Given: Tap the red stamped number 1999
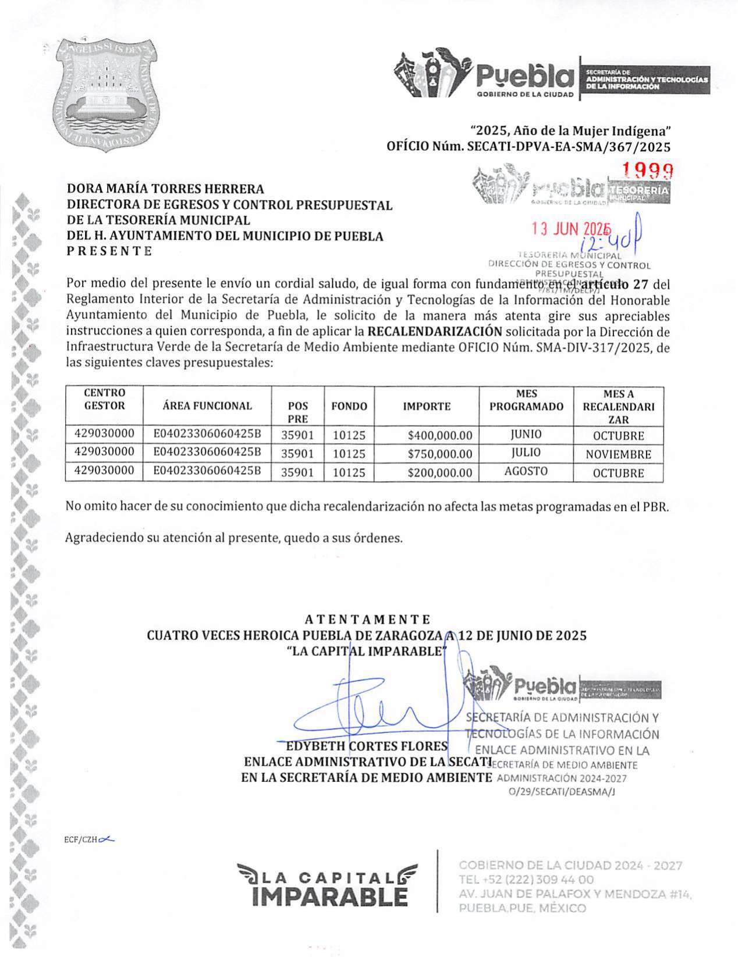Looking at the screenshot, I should (x=647, y=170).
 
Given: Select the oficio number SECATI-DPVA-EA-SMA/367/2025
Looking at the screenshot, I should (x=569, y=147).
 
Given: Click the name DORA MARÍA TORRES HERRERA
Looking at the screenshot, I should (x=165, y=188).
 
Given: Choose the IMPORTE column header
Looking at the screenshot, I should (x=427, y=406).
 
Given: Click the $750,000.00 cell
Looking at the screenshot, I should (x=440, y=454).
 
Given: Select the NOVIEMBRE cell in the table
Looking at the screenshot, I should (x=618, y=454).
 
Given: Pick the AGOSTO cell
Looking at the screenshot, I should (x=526, y=471).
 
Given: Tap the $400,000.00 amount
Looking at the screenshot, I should (x=440, y=435).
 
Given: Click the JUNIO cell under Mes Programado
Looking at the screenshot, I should (x=526, y=434).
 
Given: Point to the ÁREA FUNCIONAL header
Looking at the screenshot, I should (x=207, y=406).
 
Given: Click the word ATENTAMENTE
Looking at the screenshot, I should (x=367, y=619).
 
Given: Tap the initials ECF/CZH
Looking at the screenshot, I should (x=80, y=839).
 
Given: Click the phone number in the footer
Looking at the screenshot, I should (x=526, y=880).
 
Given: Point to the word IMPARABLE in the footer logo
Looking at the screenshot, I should (x=330, y=896).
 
